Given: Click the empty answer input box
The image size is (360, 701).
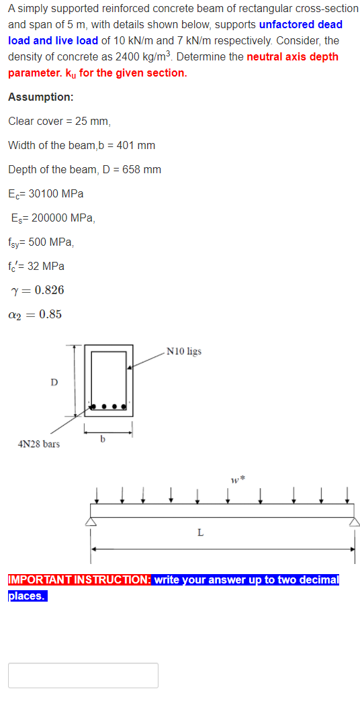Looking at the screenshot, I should coord(83,675).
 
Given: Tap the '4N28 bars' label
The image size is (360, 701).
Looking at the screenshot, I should coord(38,444).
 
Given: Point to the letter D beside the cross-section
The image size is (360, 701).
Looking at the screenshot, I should coord(54,382).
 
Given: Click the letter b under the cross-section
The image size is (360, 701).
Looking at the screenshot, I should coord(102,439).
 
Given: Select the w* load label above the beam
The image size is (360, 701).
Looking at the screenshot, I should coord(235,479).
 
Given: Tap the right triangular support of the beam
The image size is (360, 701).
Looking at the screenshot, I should coord(354,522).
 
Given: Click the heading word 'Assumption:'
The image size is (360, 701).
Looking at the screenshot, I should coord(41,97).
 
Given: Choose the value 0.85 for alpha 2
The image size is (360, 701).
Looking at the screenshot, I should coord(50,314).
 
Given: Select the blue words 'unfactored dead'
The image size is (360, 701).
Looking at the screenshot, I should coord(300,24).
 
